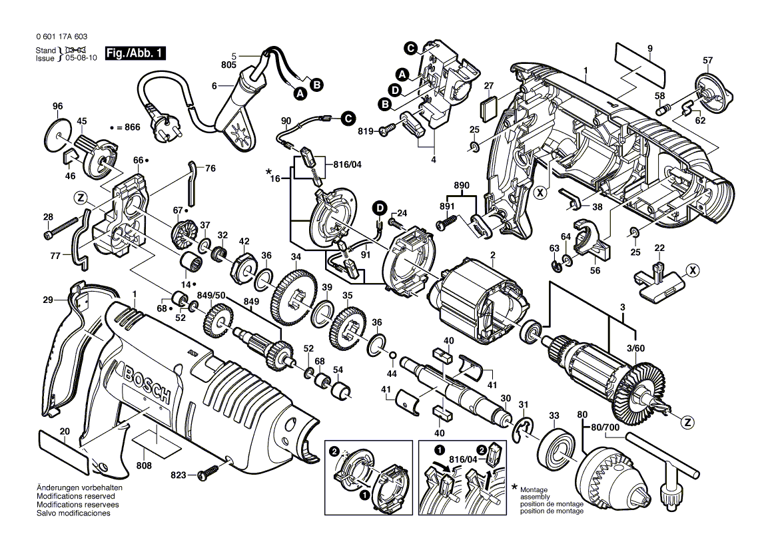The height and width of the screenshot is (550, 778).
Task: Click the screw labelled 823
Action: click(212, 473)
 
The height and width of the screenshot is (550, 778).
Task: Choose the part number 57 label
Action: click(708, 61)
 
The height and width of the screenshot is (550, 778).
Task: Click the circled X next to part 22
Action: click(693, 270)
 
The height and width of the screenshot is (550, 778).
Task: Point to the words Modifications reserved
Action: click(75, 497)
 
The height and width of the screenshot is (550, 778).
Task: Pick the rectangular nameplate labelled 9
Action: click(640, 62)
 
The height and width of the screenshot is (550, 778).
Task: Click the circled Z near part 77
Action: click(81, 198)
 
